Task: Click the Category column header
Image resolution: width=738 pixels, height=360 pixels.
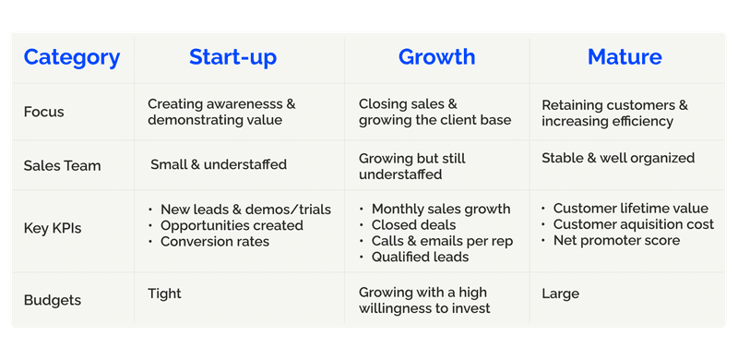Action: coord(72,57)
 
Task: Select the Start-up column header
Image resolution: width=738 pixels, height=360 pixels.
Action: coord(232,57)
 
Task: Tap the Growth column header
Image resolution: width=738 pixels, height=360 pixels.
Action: coord(436,57)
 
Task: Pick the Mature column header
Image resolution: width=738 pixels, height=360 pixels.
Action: coord(625,57)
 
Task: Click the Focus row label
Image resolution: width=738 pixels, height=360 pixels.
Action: coord(44,113)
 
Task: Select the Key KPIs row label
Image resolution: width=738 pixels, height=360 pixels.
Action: coord(54,227)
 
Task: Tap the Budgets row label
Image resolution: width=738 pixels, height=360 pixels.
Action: coord(52,300)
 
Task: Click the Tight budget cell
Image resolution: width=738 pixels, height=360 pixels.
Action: coord(164,294)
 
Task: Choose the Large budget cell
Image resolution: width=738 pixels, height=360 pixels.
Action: coord(560,294)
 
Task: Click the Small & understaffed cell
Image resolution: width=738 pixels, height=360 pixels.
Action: coord(219,165)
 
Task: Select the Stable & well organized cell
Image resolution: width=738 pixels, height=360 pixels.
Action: coord(618,158)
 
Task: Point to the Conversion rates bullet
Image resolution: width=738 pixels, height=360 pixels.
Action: coord(214,242)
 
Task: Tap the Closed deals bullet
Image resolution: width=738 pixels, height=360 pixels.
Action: coord(413,225)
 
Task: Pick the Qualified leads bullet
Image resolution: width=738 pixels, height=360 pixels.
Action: coord(420,258)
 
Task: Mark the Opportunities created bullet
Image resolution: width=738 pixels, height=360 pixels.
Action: coord(231,225)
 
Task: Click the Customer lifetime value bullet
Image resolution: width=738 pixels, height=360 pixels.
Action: coord(630,209)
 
